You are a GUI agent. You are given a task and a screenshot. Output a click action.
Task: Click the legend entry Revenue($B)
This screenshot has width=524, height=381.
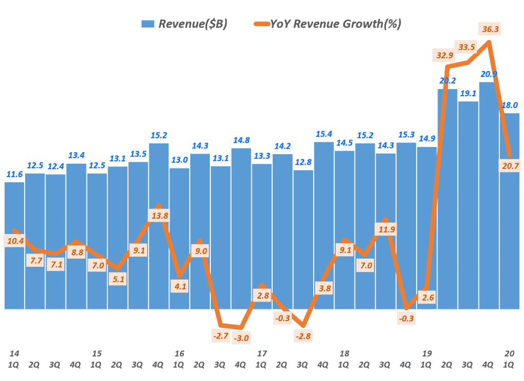pyautogui.click(x=184, y=24)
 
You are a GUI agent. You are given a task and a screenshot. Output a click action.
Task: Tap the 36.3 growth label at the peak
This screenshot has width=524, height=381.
pyautogui.click(x=490, y=29)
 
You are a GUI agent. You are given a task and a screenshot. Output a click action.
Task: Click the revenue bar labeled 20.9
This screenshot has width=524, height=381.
pyautogui.click(x=489, y=195)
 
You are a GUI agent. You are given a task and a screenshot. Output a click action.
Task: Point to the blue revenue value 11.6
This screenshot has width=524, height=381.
pyautogui.click(x=14, y=175)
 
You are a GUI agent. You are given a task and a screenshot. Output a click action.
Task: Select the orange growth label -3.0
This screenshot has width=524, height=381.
pyautogui.click(x=243, y=338)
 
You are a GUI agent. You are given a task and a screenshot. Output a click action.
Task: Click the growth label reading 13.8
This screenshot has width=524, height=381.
pyautogui.click(x=160, y=216)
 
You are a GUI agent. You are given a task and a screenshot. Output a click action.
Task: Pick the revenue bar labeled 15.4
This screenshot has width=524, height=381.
pyautogui.click(x=324, y=225)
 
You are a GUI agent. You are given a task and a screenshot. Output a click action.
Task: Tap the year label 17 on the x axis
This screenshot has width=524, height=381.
pyautogui.click(x=262, y=353)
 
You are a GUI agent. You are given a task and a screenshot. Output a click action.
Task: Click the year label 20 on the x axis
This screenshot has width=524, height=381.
pyautogui.click(x=509, y=353)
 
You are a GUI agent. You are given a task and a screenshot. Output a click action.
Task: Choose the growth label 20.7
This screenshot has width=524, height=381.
pyautogui.click(x=510, y=164)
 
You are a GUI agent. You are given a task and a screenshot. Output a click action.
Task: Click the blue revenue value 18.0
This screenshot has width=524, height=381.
pyautogui.click(x=510, y=105)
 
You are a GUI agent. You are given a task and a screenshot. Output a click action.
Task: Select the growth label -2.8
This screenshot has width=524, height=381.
pyautogui.click(x=303, y=336)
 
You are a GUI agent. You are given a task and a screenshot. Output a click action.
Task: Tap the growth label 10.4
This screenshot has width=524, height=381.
pyautogui.click(x=14, y=240)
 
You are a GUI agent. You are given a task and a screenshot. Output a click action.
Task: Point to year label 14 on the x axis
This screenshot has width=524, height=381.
pyautogui.click(x=14, y=353)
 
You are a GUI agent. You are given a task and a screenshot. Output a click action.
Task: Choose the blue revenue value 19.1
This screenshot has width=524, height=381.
pyautogui.click(x=468, y=94)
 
